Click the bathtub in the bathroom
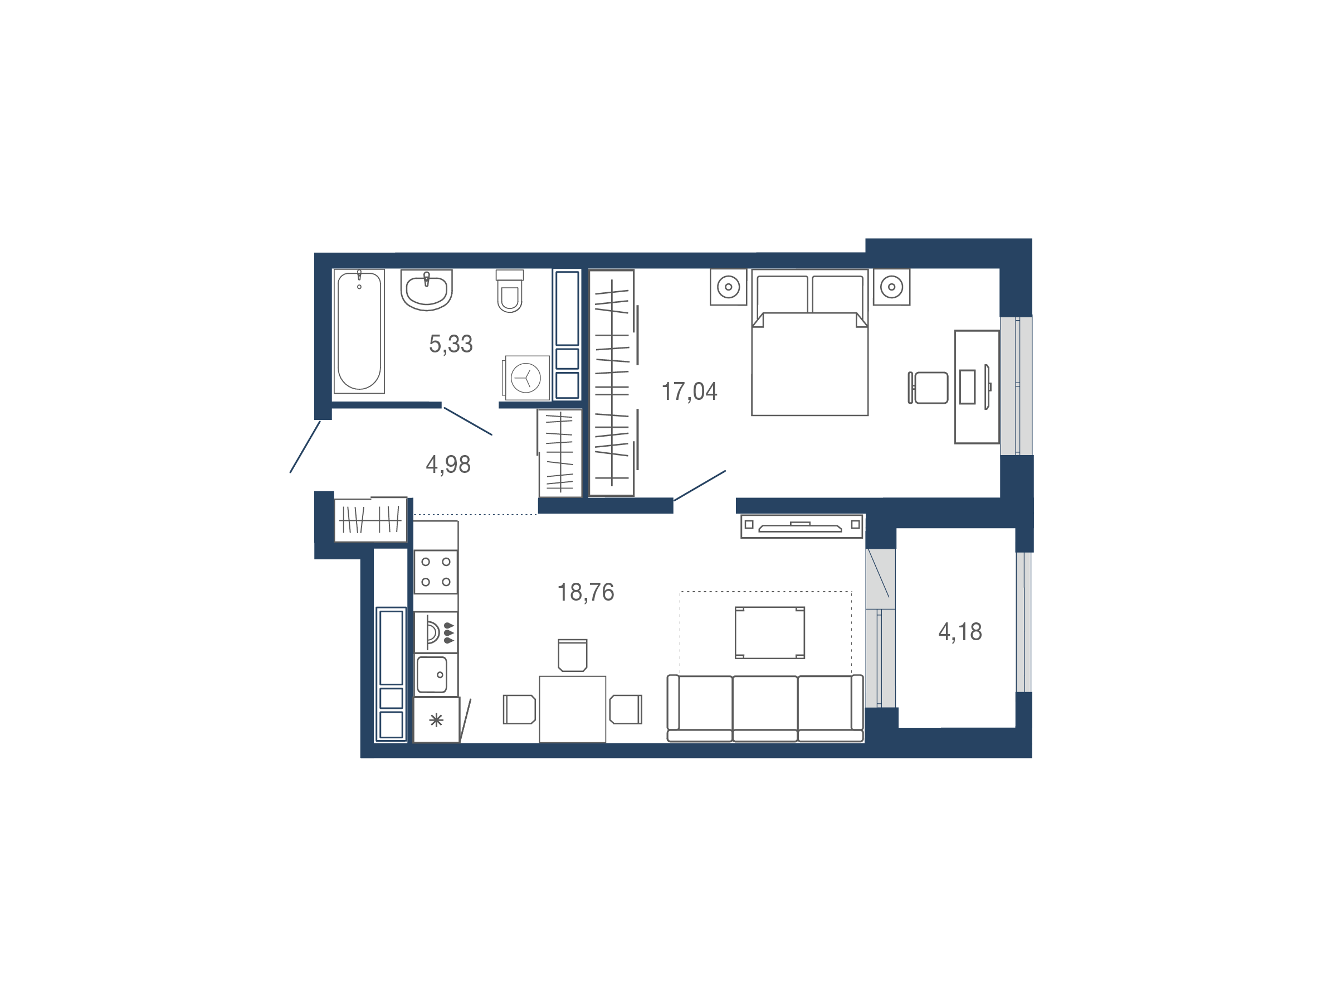pyautogui.click(x=359, y=331)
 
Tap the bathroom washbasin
pyautogui.click(x=427, y=290)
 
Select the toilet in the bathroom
pyautogui.click(x=509, y=291)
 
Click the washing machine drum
pyautogui.click(x=525, y=378)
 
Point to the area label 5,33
pyautogui.click(x=451, y=345)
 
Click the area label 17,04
pyautogui.click(x=689, y=392)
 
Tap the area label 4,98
pyautogui.click(x=448, y=465)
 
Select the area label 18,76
pyautogui.click(x=586, y=593)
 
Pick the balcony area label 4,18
pyautogui.click(x=960, y=632)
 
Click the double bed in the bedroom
pyautogui.click(x=810, y=342)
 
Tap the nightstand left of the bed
pyautogui.click(x=728, y=287)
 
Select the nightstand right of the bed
pyautogui.click(x=891, y=287)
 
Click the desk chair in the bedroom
pyautogui.click(x=928, y=388)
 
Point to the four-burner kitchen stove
pyautogui.click(x=436, y=572)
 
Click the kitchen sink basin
pyautogui.click(x=432, y=675)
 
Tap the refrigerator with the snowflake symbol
pyautogui.click(x=437, y=720)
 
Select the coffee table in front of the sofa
pyautogui.click(x=770, y=633)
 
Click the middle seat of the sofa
pyautogui.click(x=765, y=708)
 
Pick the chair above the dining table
pyautogui.click(x=572, y=656)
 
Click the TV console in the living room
pyautogui.click(x=802, y=526)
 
